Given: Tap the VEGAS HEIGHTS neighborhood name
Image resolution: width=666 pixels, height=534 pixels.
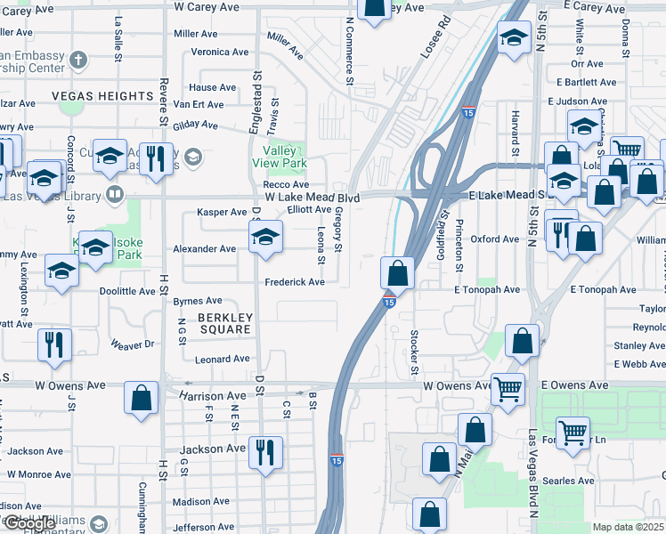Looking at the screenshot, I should (102, 96).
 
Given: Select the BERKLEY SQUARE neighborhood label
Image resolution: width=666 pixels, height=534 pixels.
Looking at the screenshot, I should (225, 323).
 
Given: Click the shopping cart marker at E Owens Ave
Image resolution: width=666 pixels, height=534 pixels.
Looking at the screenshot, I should (508, 388).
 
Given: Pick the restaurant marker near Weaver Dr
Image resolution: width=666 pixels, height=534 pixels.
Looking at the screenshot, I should (54, 344).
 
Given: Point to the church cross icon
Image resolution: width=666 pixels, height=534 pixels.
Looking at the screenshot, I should (78, 61).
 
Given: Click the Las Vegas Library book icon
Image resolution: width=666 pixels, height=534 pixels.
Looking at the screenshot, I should (114, 193).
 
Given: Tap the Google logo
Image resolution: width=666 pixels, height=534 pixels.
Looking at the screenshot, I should (28, 523).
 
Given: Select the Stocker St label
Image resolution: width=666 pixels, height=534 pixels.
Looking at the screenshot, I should (414, 351).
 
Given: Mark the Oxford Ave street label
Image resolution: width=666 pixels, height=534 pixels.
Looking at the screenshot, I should (494, 239).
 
